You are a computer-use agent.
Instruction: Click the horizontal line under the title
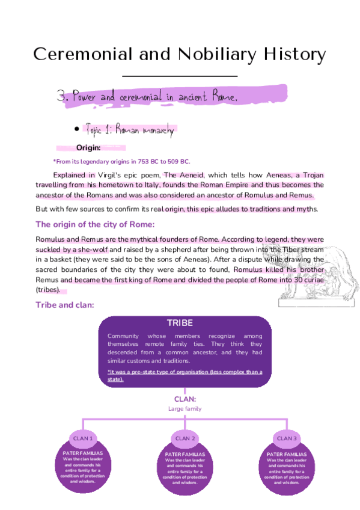click(x=180, y=76)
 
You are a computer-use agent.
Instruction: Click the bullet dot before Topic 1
click(x=77, y=129)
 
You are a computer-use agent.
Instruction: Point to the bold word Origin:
click(x=88, y=148)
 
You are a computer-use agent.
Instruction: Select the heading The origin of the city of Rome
click(x=96, y=224)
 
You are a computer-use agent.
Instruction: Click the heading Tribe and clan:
click(x=65, y=305)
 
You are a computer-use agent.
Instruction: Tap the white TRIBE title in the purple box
click(x=180, y=323)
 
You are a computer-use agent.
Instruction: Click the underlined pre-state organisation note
click(x=185, y=375)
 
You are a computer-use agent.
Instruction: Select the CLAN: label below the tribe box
click(x=185, y=399)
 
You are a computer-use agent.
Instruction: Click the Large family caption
click(x=185, y=409)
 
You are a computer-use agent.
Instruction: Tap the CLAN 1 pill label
click(x=83, y=438)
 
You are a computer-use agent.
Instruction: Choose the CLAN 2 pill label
click(x=186, y=438)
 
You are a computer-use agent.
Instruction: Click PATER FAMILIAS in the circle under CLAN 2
click(x=185, y=454)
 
